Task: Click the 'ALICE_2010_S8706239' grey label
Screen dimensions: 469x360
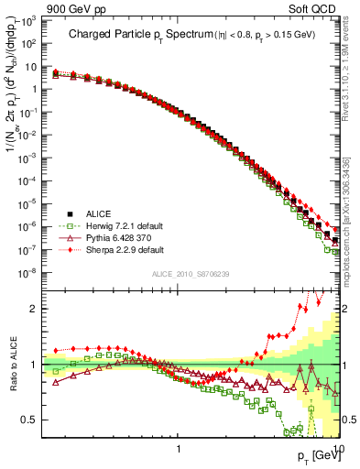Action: pos(190,274)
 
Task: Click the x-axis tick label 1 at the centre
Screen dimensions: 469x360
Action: pos(180,448)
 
